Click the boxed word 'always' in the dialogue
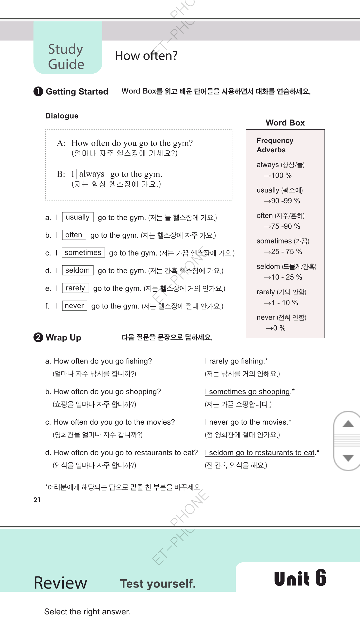coord(92,174)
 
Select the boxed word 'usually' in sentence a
coord(78,217)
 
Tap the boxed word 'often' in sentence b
coord(74,235)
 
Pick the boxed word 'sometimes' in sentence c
coord(83,252)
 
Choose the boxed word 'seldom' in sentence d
coord(77,270)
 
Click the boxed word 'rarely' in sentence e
coord(75,288)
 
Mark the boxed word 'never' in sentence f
coord(74,306)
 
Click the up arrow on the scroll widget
coord(348,424)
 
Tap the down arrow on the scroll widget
coord(348,458)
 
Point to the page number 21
coord(37,500)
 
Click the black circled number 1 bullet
coord(38,91)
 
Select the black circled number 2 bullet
coord(38,337)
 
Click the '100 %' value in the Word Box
coord(281,176)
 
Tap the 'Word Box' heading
coord(285,123)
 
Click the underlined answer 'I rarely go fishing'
coord(234,361)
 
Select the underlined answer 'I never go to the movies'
coord(246,422)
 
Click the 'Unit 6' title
coord(300,578)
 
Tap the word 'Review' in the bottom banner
coord(60,583)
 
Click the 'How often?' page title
coord(146,56)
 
